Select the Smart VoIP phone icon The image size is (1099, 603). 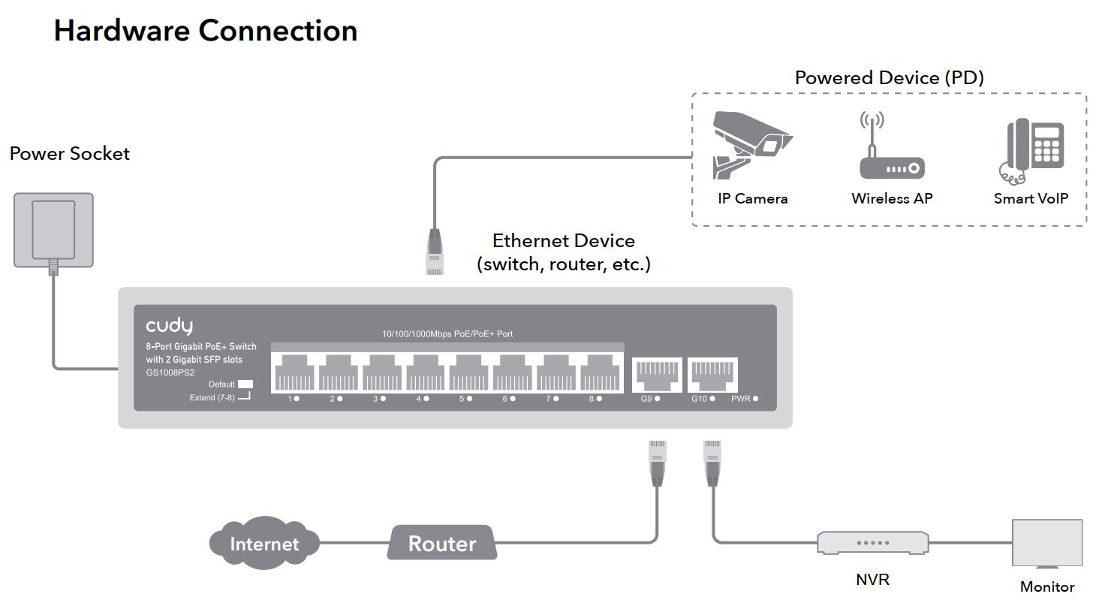pos(1034,151)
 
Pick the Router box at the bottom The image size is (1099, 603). pos(442,543)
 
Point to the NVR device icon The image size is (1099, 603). pos(874,542)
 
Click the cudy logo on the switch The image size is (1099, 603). pos(169,325)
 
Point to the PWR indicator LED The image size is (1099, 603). pos(755,399)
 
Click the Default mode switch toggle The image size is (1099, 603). pos(245,384)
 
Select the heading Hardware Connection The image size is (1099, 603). pos(205,31)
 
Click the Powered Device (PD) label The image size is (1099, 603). pos(889,77)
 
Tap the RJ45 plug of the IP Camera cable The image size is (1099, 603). pos(434,253)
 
